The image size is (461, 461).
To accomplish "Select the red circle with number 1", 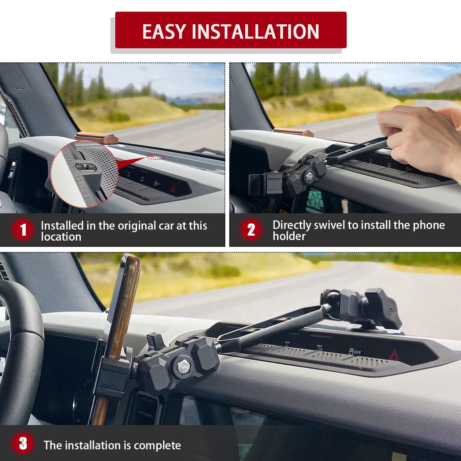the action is pos(23,230).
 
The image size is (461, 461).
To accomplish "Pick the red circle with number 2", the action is pos(251,230).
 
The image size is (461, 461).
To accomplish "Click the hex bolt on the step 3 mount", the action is pos(183,366).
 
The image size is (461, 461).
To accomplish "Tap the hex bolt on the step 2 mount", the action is pos(309,176).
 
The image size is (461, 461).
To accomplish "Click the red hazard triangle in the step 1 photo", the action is pos(172,189).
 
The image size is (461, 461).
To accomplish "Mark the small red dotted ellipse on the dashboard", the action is pos(155,157).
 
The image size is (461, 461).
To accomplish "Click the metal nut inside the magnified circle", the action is pos(86,166).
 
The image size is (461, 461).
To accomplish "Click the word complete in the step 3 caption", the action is pos(157,446).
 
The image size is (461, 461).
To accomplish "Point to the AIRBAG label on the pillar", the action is pos(20,89).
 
